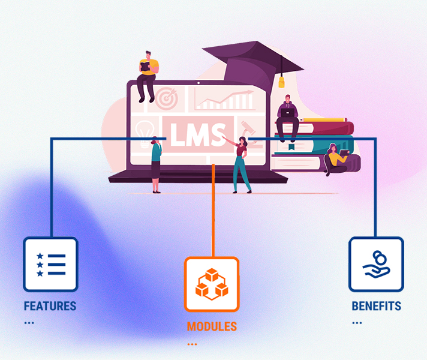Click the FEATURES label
(50, 307)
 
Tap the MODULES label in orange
(212, 327)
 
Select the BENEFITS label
(376, 307)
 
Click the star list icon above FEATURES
(50, 265)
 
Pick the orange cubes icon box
(212, 284)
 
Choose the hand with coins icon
(376, 264)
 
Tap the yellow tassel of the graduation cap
(281, 80)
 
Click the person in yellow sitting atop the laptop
(148, 75)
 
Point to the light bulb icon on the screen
(144, 131)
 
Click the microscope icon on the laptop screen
(246, 129)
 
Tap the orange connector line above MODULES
(213, 210)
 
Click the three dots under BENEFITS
(357, 322)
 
